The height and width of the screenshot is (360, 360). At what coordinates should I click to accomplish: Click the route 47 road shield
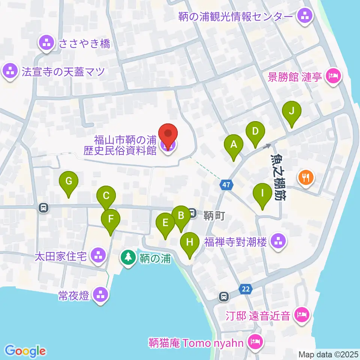coord(226,184)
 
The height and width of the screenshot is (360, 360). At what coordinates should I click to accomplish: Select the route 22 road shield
coord(246,289)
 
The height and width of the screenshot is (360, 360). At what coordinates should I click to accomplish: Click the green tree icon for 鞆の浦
coord(129,258)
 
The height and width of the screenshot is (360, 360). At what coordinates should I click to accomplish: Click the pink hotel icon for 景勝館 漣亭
coord(333,77)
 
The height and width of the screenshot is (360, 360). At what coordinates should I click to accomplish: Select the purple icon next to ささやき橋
coord(46,43)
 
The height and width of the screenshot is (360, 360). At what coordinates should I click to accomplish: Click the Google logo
coord(25,350)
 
